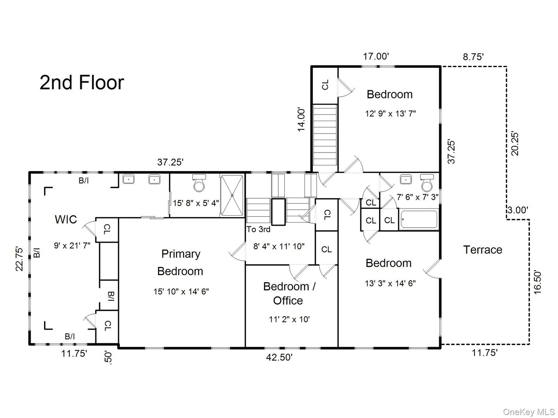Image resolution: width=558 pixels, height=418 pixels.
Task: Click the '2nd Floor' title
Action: click(x=82, y=83)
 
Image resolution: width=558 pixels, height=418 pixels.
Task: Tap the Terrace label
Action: click(x=482, y=250)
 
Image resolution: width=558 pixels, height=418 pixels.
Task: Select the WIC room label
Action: click(x=66, y=219)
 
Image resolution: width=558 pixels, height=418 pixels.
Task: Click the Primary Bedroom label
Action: click(x=180, y=262)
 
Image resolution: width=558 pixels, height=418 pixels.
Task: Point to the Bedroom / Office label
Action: click(x=289, y=293)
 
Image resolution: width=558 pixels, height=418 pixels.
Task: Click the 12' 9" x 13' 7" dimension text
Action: click(x=390, y=114)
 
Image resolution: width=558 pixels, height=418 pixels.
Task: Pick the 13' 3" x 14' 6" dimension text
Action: click(x=390, y=283)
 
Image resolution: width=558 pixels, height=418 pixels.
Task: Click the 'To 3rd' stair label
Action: click(x=258, y=229)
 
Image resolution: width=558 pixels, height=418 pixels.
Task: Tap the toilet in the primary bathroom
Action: click(x=199, y=183)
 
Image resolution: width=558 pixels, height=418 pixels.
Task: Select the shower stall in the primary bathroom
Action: click(x=232, y=195)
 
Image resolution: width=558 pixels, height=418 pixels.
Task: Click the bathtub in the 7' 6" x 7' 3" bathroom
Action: click(x=419, y=219)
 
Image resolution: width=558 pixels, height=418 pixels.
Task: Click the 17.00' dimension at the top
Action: click(x=375, y=57)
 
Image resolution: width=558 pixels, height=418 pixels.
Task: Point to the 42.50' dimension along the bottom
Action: click(x=279, y=357)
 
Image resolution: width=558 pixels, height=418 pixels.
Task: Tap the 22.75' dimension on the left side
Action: click(x=20, y=259)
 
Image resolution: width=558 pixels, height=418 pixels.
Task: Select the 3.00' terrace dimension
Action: click(x=517, y=210)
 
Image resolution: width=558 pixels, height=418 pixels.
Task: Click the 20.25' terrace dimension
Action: click(x=515, y=144)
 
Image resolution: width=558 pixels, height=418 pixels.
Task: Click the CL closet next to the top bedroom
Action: click(x=325, y=85)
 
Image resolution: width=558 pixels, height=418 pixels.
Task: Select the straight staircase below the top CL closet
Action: click(x=325, y=135)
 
